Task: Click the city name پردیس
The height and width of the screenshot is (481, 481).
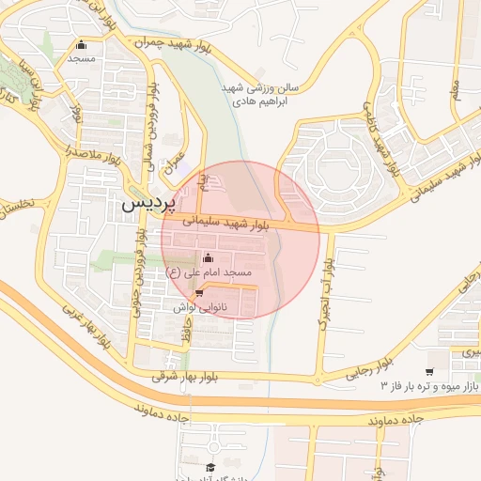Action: tap(145, 203)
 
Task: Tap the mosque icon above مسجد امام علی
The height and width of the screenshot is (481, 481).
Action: tap(208, 257)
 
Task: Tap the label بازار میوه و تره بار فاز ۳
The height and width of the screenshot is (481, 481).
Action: tap(429, 386)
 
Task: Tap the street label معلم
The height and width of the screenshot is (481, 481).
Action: tap(457, 91)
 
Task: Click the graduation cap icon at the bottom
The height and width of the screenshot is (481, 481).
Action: tap(211, 466)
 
